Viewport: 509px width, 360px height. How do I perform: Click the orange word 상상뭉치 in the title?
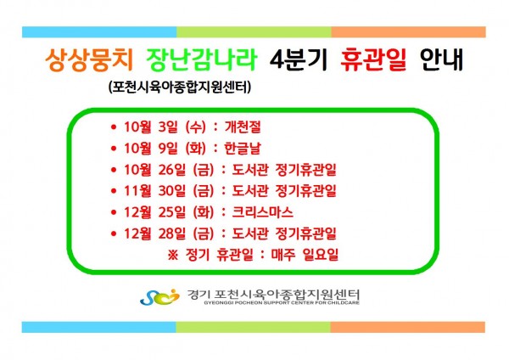click(x=89, y=59)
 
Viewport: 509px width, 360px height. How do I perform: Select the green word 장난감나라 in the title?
click(x=202, y=59)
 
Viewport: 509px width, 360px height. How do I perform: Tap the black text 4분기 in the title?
click(x=298, y=59)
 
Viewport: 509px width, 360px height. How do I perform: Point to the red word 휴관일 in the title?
click(x=373, y=59)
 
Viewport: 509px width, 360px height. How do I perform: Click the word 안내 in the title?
click(x=441, y=59)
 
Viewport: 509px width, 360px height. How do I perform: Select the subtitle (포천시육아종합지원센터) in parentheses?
click(x=180, y=87)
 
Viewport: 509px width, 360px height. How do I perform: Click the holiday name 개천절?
click(x=243, y=127)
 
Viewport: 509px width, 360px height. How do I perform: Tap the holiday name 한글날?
click(x=243, y=148)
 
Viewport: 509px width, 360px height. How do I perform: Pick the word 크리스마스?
click(x=262, y=212)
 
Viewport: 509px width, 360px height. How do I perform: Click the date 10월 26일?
click(x=155, y=170)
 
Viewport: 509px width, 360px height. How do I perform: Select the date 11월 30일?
click(x=155, y=191)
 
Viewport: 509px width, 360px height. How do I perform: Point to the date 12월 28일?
click(x=155, y=233)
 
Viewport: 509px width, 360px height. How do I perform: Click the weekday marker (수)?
click(x=196, y=127)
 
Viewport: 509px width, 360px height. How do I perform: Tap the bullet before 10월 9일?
click(x=114, y=149)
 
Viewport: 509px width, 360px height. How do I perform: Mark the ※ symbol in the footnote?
click(x=173, y=255)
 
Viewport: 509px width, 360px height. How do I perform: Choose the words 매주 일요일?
click(x=305, y=255)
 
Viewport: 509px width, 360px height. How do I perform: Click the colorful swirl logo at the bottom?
click(x=159, y=296)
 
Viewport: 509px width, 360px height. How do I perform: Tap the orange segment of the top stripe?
click(x=408, y=32)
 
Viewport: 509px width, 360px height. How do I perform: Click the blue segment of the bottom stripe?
click(x=99, y=327)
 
